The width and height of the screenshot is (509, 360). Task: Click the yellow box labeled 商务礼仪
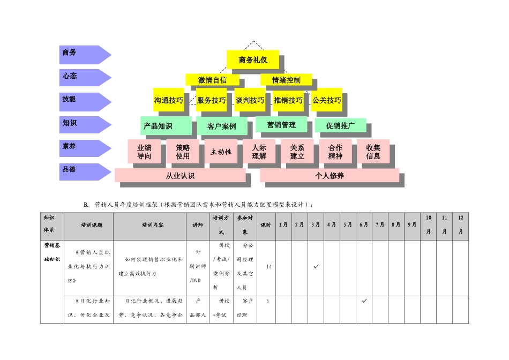pyautogui.click(x=253, y=60)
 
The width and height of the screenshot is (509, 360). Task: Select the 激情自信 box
pyautogui.click(x=212, y=80)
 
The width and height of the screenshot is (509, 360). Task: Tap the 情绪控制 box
pyautogui.click(x=286, y=80)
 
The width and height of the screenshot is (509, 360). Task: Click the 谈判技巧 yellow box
pyautogui.click(x=250, y=100)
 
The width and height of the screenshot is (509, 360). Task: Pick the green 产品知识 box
pyautogui.click(x=166, y=126)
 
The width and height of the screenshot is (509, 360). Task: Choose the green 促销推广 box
pyautogui.click(x=340, y=125)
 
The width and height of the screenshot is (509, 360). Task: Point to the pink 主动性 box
pyautogui.click(x=221, y=152)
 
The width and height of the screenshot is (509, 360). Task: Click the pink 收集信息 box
pyautogui.click(x=373, y=152)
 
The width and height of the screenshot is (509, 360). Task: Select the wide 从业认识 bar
pyautogui.click(x=180, y=175)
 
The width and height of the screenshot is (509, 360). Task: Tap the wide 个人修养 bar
pyautogui.click(x=330, y=175)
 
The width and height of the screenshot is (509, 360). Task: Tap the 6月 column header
pyautogui.click(x=364, y=225)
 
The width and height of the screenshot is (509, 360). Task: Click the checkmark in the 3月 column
pyautogui.click(x=316, y=266)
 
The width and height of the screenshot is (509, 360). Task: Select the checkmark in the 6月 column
pyautogui.click(x=364, y=301)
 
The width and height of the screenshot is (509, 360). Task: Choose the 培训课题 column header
pyautogui.click(x=88, y=225)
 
